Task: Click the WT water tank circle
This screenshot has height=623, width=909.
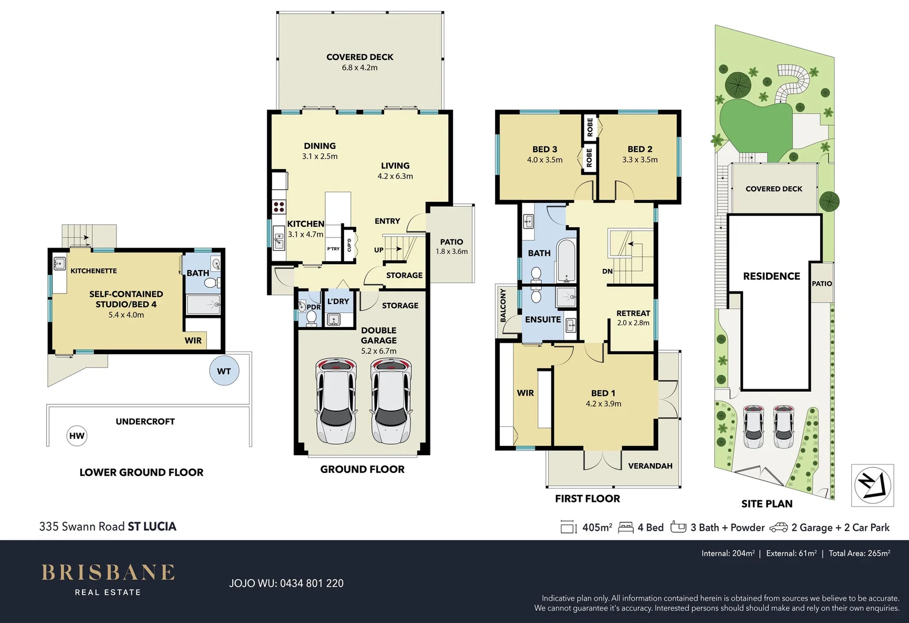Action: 224,371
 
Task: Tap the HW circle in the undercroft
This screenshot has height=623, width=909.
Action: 77,436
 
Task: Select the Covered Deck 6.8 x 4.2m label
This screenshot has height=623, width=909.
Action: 360,62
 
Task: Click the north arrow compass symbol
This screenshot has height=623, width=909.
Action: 873,485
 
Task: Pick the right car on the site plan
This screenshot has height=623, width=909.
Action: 783,426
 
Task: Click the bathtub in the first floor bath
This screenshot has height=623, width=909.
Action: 565,261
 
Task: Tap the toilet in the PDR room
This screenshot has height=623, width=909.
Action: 311,317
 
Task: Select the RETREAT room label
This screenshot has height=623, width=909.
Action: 633,313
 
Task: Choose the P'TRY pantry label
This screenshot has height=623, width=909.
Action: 333,249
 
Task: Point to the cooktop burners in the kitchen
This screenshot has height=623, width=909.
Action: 279,206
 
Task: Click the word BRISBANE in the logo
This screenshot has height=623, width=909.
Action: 108,572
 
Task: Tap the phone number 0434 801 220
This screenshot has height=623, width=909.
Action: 311,583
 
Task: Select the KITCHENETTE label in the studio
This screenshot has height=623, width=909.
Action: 93,271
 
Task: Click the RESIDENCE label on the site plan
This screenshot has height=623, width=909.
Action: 771,276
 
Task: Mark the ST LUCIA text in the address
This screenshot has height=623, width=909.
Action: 152,526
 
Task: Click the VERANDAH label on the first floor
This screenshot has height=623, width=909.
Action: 650,466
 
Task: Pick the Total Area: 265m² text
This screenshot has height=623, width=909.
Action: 859,553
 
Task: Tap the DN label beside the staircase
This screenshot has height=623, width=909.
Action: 607,271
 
